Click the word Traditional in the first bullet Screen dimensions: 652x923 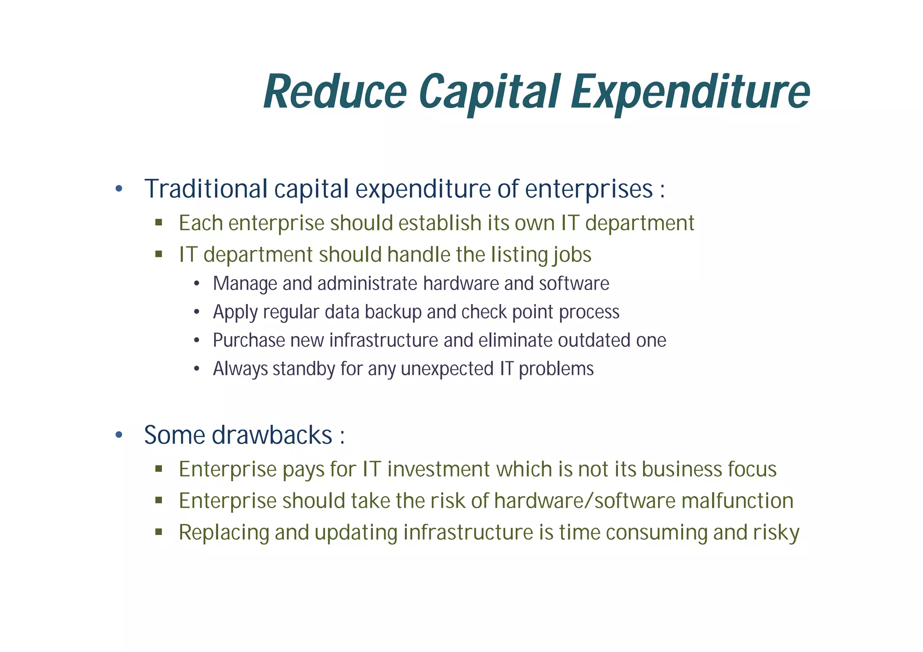206,189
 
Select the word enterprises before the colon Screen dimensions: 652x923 589,190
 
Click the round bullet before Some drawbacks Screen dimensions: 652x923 119,435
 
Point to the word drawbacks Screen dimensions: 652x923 272,435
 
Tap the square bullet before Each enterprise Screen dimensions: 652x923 159,222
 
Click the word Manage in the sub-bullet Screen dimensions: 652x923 245,284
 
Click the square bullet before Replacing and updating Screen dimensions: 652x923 159,532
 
